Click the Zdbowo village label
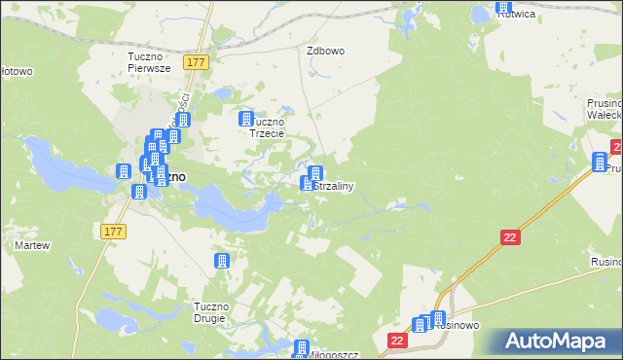326,51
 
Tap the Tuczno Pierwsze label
149,62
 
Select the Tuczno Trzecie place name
266,127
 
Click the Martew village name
31,245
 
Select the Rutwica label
519,15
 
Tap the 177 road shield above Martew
112,230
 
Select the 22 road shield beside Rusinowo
396,340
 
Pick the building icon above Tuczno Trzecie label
246,118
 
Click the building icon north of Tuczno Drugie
222,261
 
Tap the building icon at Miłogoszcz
302,347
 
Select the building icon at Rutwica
503,6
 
